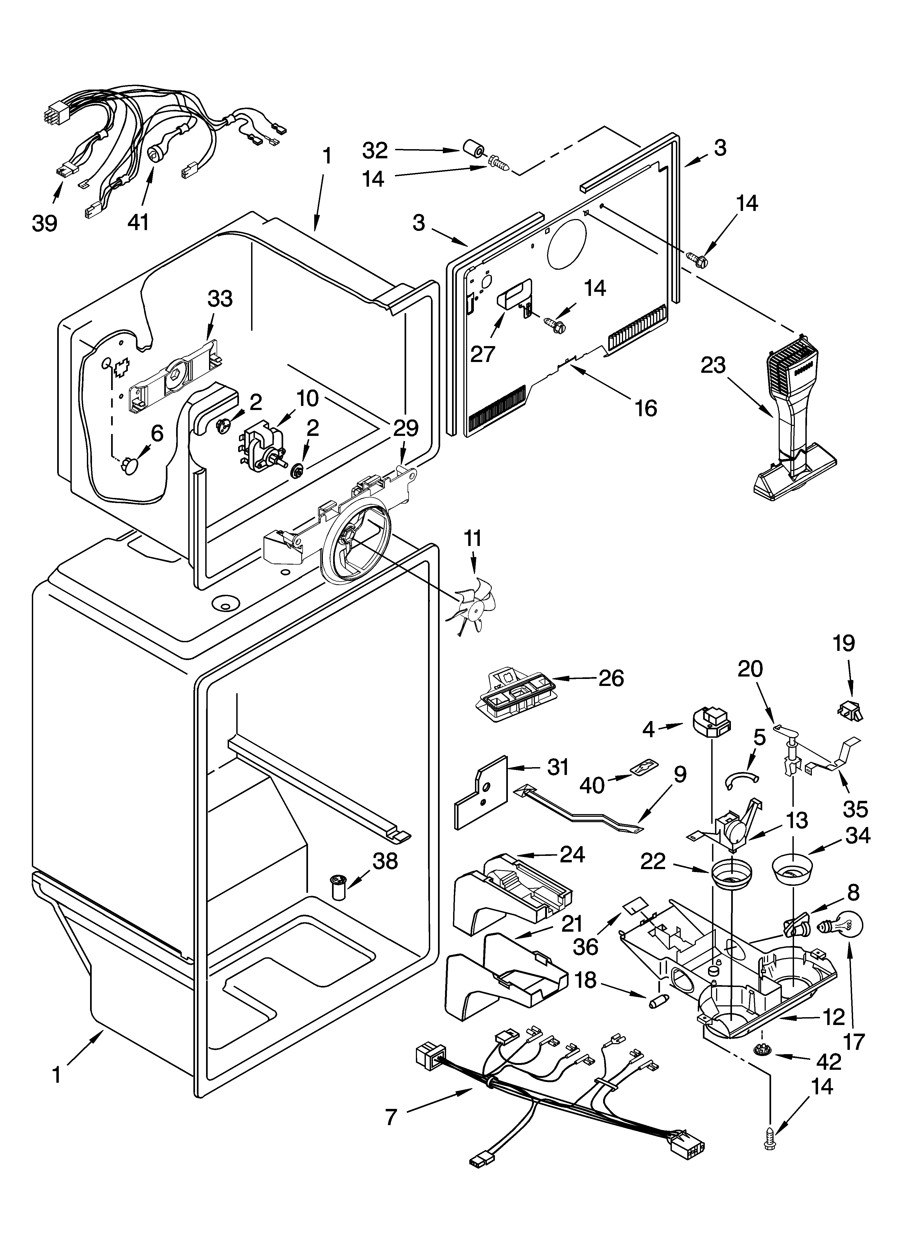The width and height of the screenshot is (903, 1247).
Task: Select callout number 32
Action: (x=376, y=150)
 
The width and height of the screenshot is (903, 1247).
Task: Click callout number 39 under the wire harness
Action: (x=45, y=223)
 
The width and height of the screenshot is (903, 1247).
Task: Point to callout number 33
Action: (x=220, y=299)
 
